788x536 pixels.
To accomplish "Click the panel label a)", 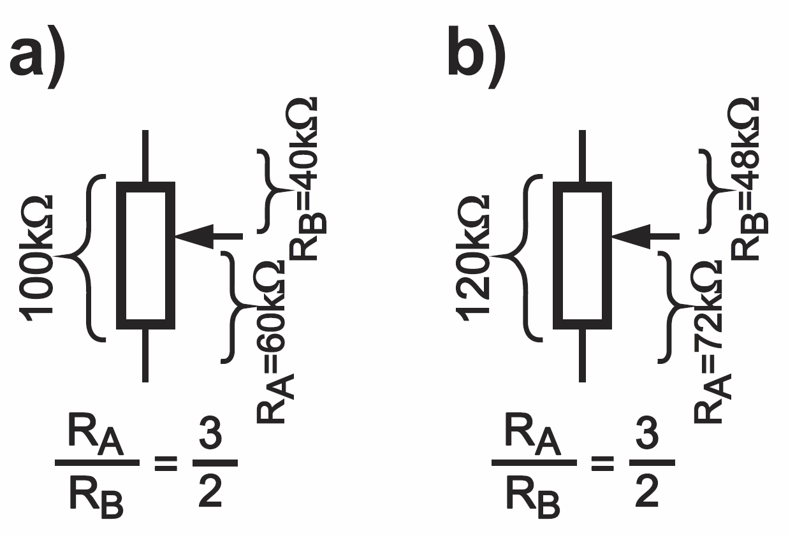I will pos(40,57).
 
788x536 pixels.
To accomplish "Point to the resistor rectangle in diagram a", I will pos(145,256).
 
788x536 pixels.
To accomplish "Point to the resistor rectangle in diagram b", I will pos(582,256).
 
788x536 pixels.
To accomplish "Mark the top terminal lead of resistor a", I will pos(146,156).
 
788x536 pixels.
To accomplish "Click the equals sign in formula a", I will pos(166,463).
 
